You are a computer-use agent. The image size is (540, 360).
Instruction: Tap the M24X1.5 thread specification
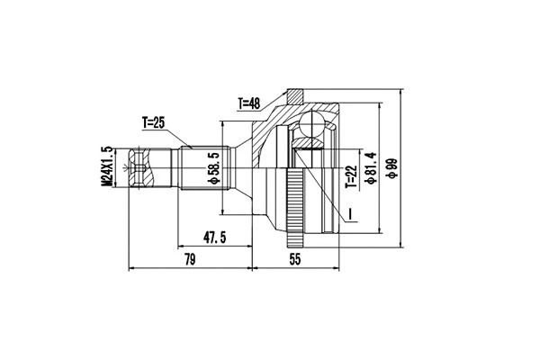pyautogui.click(x=106, y=167)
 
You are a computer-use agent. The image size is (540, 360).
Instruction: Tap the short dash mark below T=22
pyautogui.click(x=350, y=213)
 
